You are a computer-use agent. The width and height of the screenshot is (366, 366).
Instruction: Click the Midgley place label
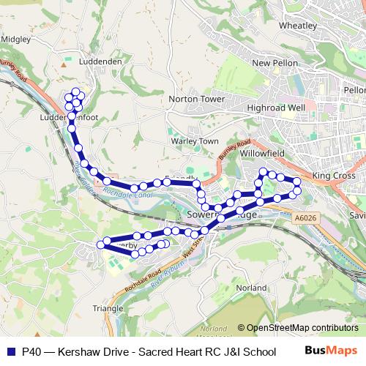[15, 39]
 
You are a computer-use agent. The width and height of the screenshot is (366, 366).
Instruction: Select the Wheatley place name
[297, 25]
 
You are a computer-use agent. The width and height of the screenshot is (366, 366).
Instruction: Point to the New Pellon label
[274, 64]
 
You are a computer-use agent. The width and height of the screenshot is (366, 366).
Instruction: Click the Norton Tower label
[195, 98]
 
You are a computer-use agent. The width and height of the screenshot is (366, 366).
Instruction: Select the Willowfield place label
[262, 154]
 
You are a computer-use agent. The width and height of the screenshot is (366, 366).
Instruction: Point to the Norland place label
[252, 288]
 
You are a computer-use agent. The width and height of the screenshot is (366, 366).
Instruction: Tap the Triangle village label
[108, 308]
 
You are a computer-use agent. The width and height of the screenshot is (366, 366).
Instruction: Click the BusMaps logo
[335, 351]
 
